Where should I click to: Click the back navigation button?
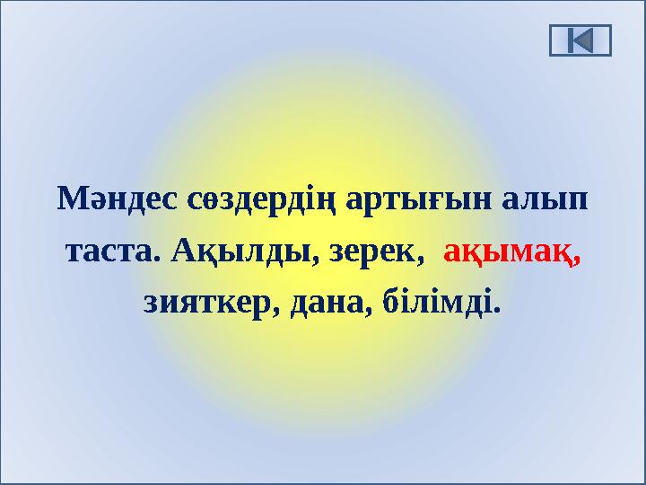point(580,40)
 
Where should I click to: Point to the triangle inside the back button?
point(583,40)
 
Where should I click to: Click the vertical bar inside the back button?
point(571,40)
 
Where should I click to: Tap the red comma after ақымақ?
point(578,260)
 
